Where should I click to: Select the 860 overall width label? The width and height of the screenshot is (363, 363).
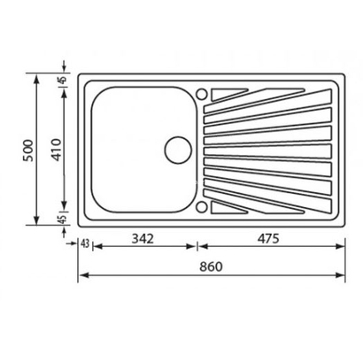coord(211,266)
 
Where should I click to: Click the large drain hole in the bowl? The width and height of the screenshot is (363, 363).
coord(178,147)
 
